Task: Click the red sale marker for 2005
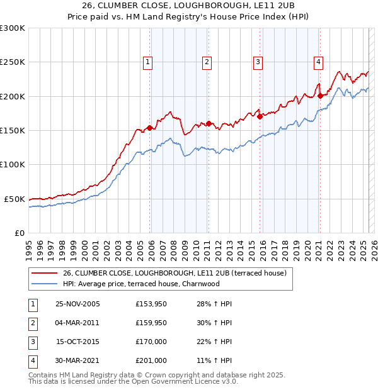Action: pos(149,128)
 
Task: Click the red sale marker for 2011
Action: pos(208,123)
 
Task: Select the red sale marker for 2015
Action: pos(260,116)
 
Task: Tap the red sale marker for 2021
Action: pos(320,96)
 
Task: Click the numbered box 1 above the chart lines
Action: pos(147,62)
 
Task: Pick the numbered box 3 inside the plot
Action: pos(258,62)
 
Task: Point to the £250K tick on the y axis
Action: pos(13,62)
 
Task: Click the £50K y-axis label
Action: pos(14,199)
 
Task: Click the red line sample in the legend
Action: pos(44,273)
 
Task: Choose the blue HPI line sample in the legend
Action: pos(44,284)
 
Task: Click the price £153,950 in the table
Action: pos(150,304)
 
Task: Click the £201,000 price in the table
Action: pos(150,360)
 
